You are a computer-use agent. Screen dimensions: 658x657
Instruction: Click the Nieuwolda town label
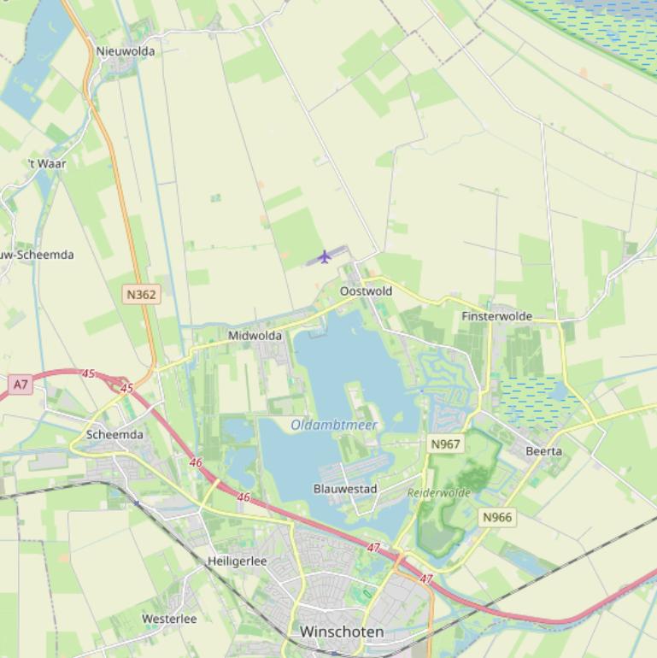126,51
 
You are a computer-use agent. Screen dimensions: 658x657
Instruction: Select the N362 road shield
141,294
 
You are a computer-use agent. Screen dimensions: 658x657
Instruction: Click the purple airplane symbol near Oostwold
324,256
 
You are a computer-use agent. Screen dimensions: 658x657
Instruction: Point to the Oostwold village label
366,291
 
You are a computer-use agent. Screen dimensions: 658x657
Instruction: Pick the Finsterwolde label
496,316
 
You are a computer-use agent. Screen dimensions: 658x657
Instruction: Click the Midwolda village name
255,336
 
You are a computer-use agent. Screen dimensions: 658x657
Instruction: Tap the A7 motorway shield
21,385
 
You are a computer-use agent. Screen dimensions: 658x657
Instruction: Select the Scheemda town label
114,434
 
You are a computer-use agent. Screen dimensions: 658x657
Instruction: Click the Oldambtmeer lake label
333,425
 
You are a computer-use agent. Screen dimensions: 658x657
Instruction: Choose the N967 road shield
445,444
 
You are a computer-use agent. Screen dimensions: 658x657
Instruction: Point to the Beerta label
543,450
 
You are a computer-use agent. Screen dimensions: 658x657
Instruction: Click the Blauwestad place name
345,489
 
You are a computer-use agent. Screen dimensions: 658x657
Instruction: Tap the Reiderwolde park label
438,493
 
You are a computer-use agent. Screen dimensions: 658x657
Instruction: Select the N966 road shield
497,517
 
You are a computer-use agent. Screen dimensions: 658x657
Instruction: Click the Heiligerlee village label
237,561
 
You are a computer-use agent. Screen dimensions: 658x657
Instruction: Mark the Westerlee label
169,619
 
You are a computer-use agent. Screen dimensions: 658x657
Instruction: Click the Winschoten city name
342,632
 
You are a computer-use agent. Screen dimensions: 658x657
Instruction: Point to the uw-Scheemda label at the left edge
37,255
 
